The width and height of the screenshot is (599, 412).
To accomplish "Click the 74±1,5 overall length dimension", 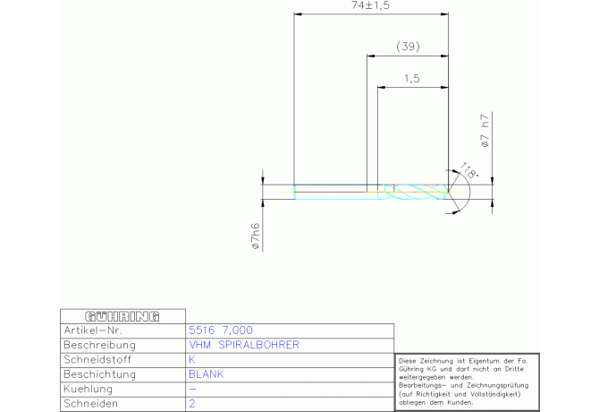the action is point(370,5).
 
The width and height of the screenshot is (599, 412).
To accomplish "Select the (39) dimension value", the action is point(408,47).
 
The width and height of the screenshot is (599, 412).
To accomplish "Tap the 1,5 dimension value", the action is point(412,79).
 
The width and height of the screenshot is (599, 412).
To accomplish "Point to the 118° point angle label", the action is point(468,170).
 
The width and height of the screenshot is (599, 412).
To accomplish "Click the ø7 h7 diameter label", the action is point(485,131).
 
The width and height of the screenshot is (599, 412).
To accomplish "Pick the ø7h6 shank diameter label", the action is point(256,236).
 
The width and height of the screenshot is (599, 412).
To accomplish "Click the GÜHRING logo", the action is point(122,316).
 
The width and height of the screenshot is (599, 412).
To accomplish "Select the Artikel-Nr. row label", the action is point(93,330).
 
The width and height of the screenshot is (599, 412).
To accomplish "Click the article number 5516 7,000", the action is point(221,330).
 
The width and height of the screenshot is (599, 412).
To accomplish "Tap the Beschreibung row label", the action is point(99,345).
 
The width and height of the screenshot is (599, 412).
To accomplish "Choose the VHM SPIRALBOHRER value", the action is point(244,345).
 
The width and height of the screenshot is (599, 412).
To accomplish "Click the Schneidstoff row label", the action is point(97,359).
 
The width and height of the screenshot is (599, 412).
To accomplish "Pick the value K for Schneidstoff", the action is point(192,359).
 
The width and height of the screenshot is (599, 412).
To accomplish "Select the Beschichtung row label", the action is point(99,374).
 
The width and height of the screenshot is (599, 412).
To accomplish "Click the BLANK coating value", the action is point(207,374).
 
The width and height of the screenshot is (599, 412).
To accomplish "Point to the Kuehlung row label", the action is point(88,389).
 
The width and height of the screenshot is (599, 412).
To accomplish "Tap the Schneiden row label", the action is point(90,404).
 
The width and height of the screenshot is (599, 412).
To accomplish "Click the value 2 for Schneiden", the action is point(192,404).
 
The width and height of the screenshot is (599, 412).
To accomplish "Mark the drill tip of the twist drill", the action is point(448,192).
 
